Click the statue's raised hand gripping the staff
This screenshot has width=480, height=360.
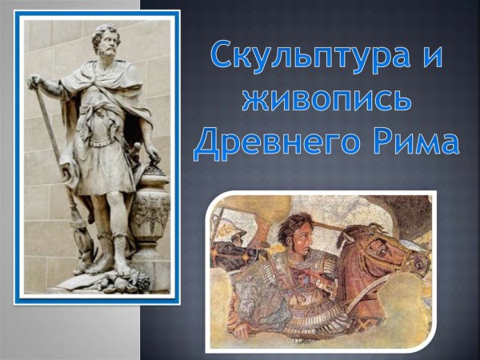pyautogui.click(x=36, y=82)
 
